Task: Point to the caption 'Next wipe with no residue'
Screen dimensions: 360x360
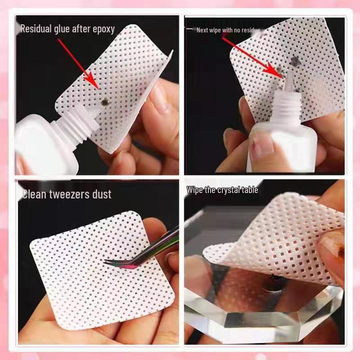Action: point(228,30)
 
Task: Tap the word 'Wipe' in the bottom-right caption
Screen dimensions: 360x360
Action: point(194,190)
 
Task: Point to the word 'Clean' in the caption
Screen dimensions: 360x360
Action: point(35,194)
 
